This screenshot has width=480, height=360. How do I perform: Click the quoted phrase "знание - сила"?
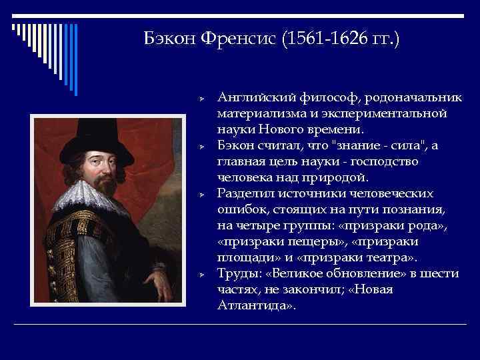365,146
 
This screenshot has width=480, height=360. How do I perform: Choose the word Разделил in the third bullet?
244,194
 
